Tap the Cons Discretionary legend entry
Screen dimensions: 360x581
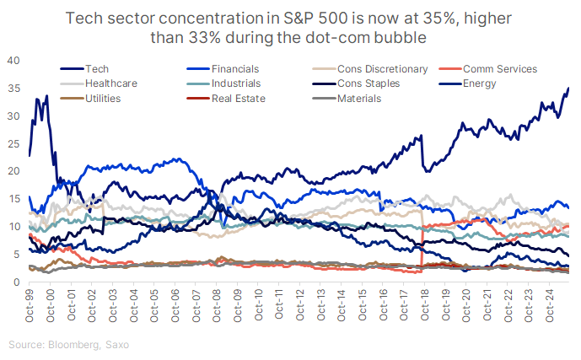[376, 68]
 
